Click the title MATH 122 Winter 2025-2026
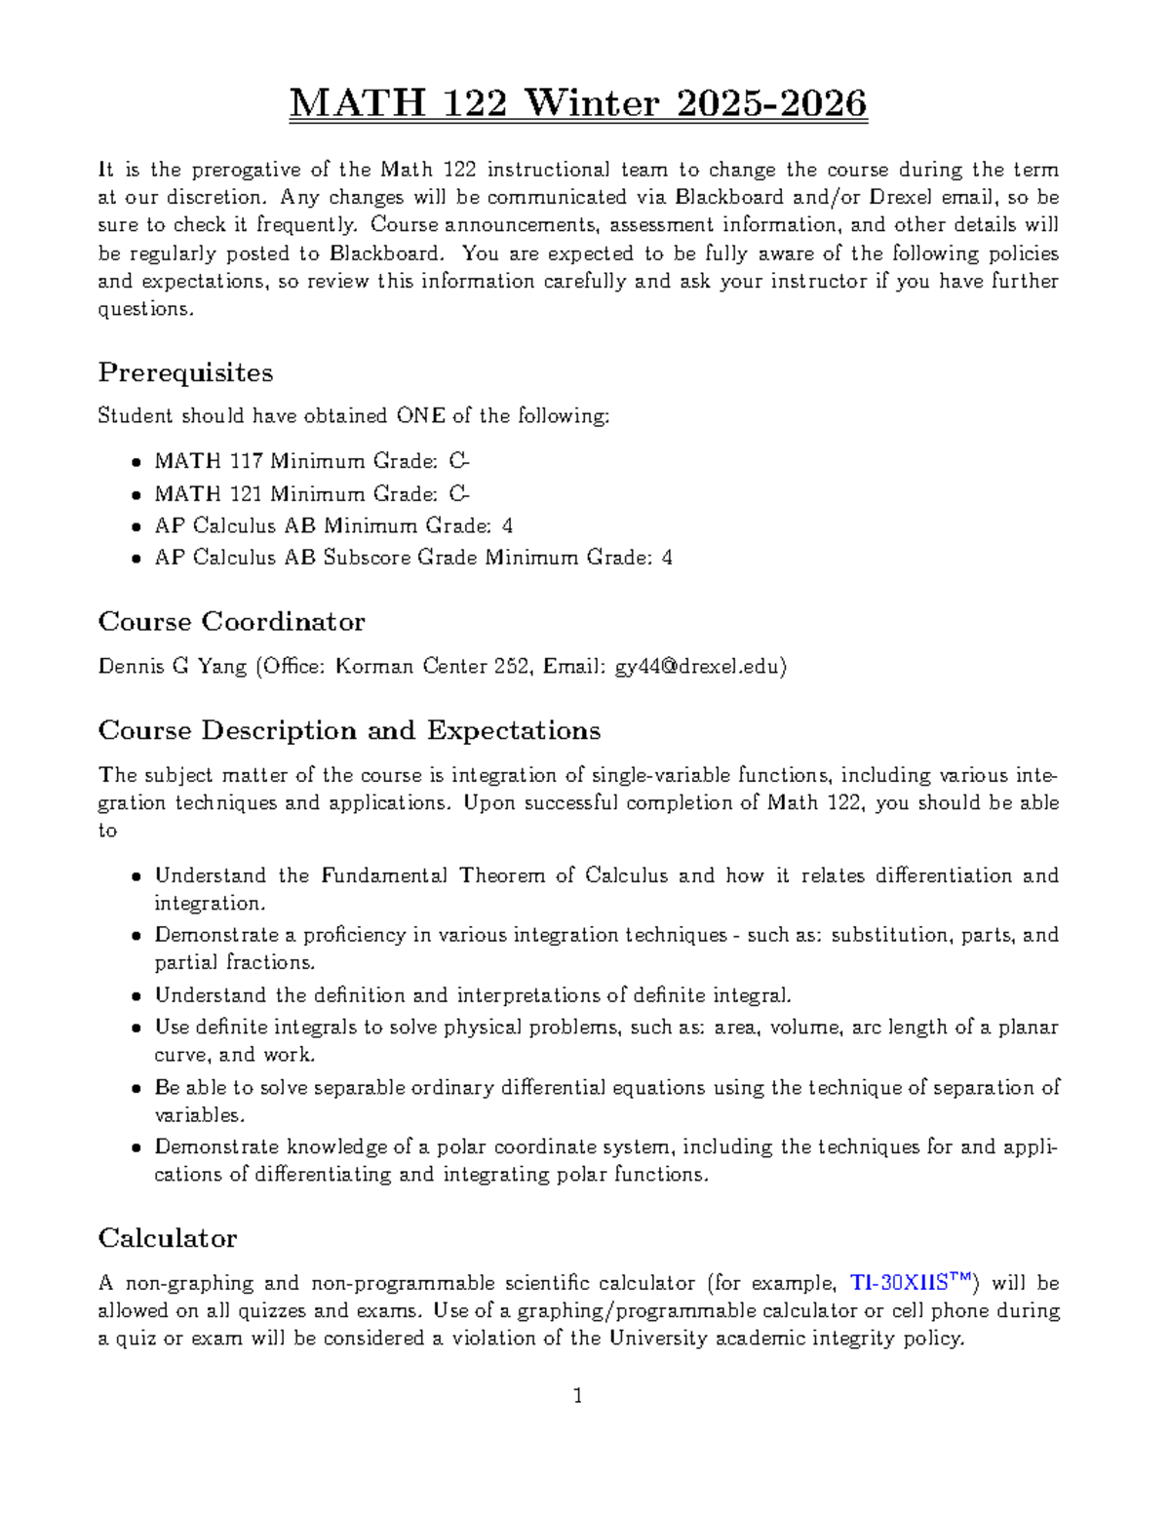click(x=577, y=103)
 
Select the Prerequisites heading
click(x=185, y=372)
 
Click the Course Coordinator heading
click(x=231, y=622)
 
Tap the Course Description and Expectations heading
click(x=349, y=730)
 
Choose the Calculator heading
click(x=167, y=1238)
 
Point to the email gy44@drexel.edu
click(x=697, y=667)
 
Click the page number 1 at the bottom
click(x=578, y=1396)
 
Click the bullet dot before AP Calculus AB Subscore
click(x=136, y=560)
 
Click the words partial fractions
click(x=234, y=962)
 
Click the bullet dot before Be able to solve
click(x=136, y=1089)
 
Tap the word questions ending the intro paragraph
click(x=145, y=309)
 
